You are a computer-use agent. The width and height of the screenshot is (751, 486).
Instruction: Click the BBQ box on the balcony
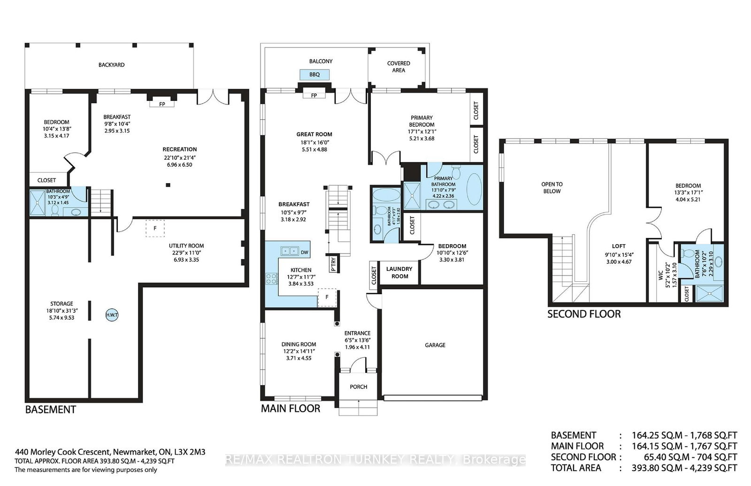click(x=314, y=75)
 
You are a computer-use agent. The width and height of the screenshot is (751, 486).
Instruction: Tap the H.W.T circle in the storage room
click(x=112, y=315)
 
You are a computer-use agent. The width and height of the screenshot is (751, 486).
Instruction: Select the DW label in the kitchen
click(x=305, y=252)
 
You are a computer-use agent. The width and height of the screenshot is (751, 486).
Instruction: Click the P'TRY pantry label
click(x=333, y=263)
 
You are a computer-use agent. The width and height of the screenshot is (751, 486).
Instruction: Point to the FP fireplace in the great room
click(x=314, y=95)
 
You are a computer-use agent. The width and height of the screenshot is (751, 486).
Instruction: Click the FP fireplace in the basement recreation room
click(x=162, y=104)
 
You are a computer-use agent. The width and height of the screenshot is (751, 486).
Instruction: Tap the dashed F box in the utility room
click(x=155, y=228)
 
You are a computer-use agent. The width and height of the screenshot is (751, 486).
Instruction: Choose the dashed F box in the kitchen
click(x=327, y=297)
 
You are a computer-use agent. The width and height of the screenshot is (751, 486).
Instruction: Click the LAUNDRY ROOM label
click(x=399, y=272)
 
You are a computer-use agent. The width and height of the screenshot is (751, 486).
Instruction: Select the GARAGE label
click(x=435, y=345)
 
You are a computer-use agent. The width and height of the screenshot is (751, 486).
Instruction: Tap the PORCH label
click(x=359, y=387)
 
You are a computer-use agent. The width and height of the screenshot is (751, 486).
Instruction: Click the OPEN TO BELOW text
click(x=552, y=187)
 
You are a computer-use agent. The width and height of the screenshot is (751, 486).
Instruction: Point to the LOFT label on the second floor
click(x=619, y=246)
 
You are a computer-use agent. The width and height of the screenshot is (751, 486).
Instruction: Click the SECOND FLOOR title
click(x=584, y=314)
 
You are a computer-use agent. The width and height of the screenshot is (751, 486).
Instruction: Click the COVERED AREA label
click(x=398, y=66)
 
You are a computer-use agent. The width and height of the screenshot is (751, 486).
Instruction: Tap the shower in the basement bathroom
click(x=37, y=202)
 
